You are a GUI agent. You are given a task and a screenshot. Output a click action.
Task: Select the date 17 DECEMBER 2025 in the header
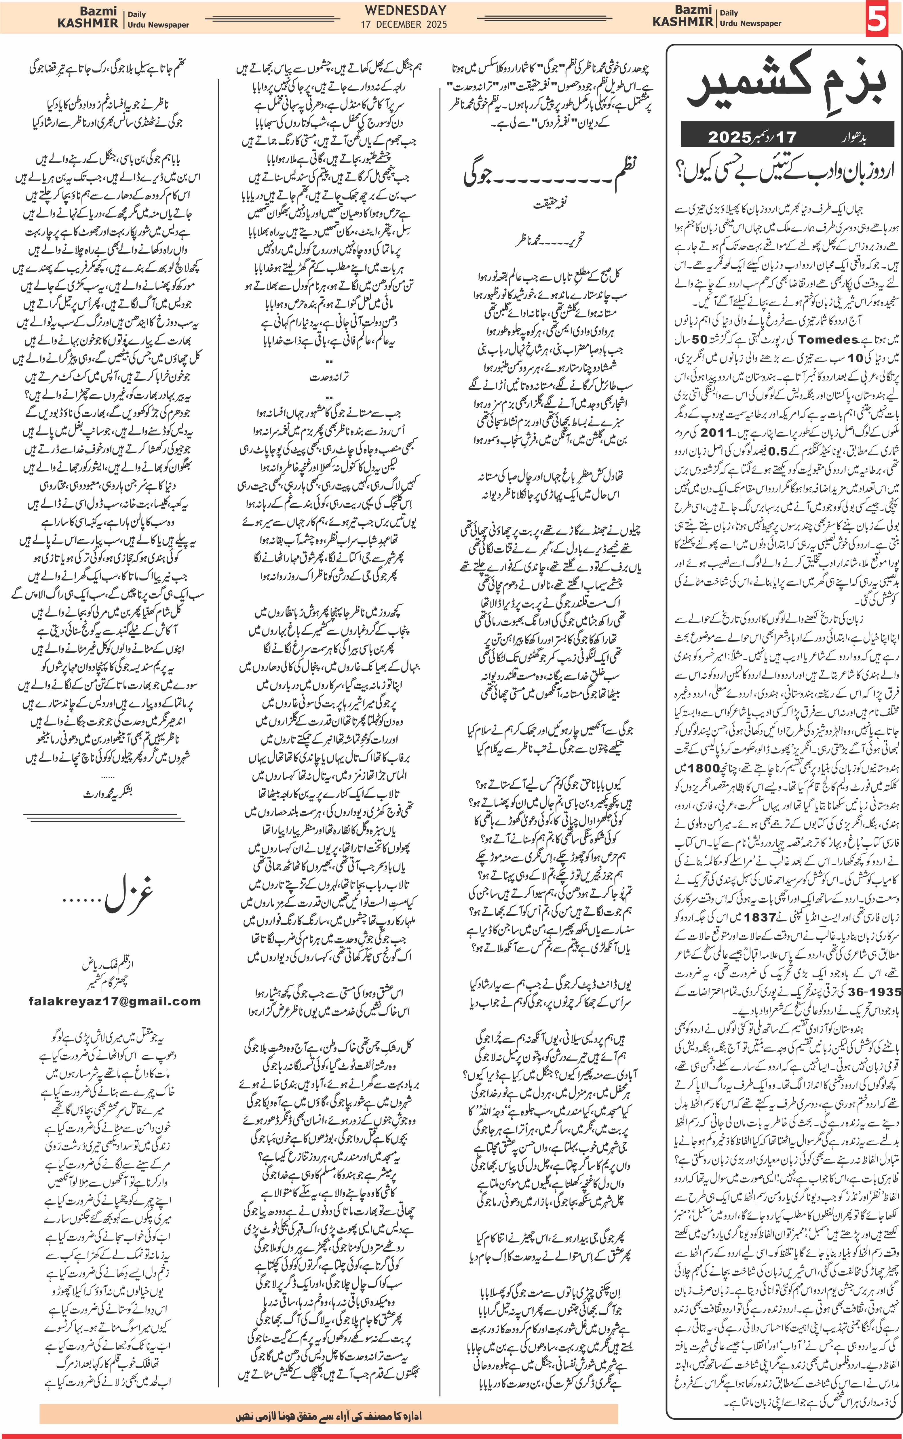404,24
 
